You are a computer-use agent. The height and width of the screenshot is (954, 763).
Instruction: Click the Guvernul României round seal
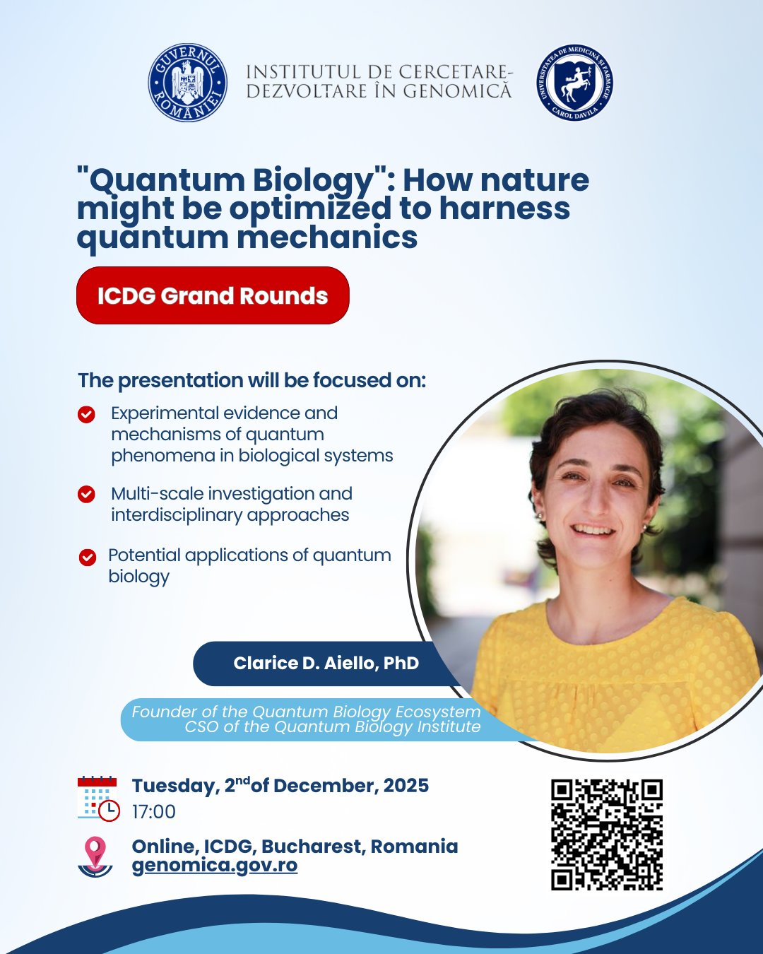click(187, 83)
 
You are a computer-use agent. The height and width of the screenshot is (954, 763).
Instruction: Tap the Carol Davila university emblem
click(575, 83)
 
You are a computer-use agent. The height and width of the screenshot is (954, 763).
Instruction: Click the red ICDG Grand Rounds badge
click(213, 295)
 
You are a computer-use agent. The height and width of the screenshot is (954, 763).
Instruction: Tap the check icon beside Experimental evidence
click(86, 415)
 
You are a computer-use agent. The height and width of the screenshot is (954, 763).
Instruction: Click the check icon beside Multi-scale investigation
click(86, 494)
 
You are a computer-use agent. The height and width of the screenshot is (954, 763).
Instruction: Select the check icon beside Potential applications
click(88, 558)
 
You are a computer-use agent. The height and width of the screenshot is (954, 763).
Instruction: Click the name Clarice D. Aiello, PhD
click(326, 663)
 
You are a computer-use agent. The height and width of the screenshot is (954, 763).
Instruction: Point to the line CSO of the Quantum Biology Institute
click(333, 726)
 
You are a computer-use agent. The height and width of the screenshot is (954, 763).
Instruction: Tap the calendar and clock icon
click(98, 799)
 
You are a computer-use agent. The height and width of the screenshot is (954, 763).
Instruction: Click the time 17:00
click(154, 812)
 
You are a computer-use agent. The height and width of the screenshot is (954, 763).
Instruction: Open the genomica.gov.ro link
click(215, 865)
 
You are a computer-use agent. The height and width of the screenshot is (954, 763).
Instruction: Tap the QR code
click(607, 835)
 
